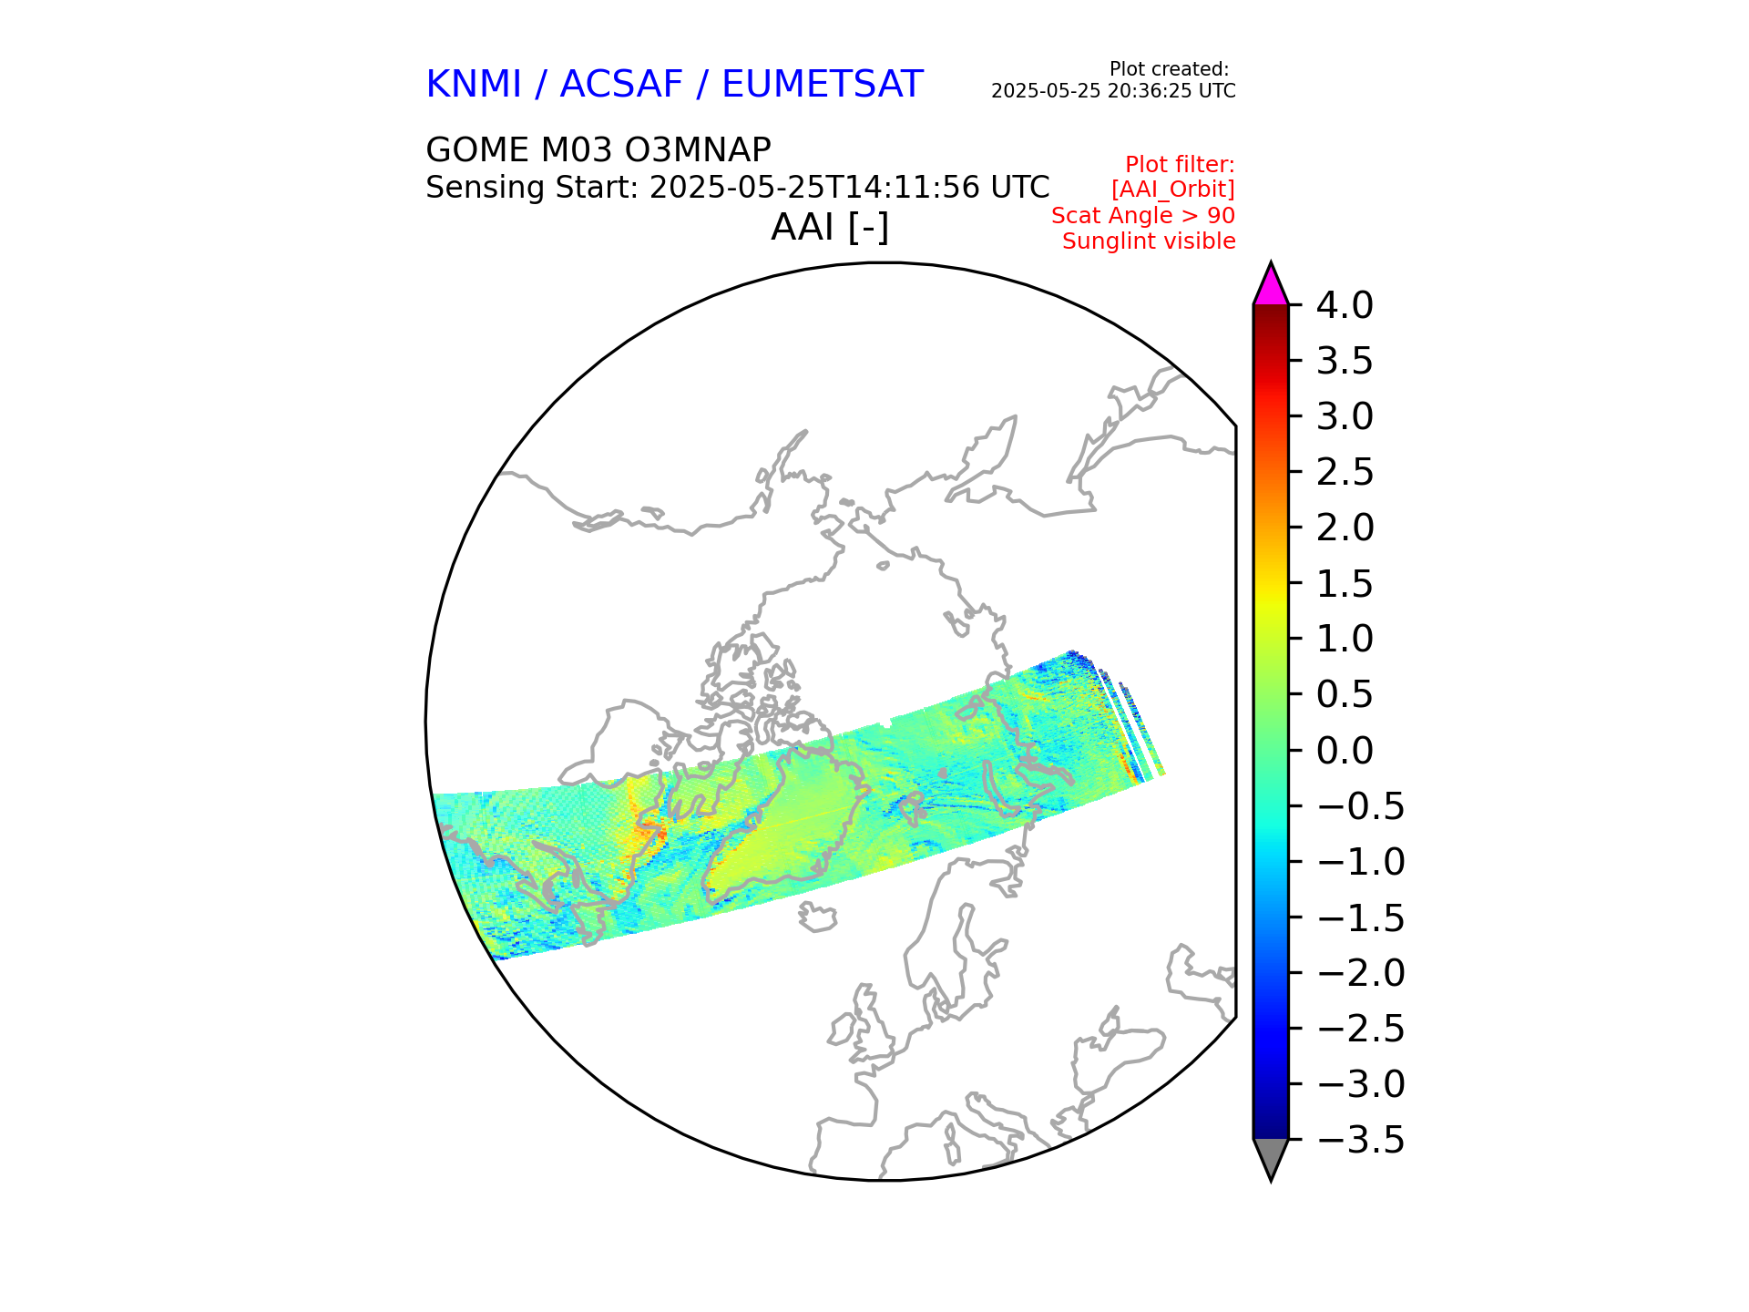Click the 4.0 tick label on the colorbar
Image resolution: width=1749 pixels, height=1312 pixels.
(x=1345, y=306)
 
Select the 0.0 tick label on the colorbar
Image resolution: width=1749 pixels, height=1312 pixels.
(x=1345, y=751)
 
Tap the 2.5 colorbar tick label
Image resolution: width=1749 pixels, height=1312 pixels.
(x=1345, y=473)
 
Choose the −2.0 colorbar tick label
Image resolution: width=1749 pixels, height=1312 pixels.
(x=1361, y=973)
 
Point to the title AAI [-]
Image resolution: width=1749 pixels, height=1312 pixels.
(x=830, y=227)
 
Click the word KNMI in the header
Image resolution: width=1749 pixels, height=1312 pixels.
(x=474, y=85)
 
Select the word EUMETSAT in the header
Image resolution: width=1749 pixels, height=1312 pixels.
(x=823, y=85)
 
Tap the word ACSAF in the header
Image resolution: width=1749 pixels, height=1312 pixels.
(x=621, y=85)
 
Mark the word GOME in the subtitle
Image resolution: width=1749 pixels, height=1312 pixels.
(x=477, y=149)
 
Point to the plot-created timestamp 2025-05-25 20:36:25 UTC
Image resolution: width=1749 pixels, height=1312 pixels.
(x=1113, y=91)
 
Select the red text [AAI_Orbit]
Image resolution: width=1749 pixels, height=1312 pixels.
(x=1173, y=190)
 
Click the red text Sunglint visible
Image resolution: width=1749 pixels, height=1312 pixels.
(x=1149, y=241)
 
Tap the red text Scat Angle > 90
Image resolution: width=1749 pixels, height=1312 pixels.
(x=1143, y=216)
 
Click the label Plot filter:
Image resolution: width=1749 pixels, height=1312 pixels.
(x=1180, y=165)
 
